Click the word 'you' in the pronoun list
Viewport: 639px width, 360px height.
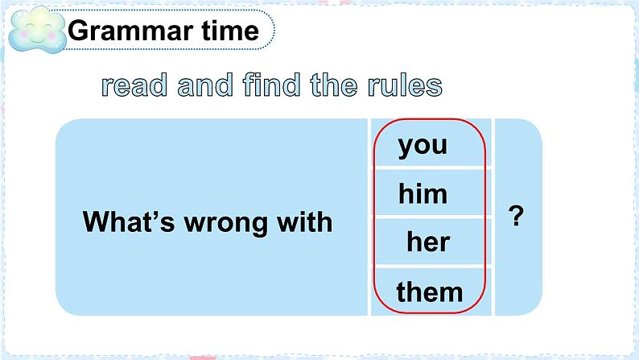[423, 145]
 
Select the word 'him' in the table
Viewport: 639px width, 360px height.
[423, 194]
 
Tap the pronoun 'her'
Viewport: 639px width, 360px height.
[427, 242]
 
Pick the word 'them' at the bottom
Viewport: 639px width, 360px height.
[430, 292]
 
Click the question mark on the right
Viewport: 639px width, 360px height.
[517, 216]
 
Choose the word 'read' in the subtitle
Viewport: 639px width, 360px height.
[137, 85]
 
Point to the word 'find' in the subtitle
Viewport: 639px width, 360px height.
[269, 85]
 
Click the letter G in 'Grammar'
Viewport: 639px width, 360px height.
[79, 31]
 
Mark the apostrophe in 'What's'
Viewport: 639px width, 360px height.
[153, 214]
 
